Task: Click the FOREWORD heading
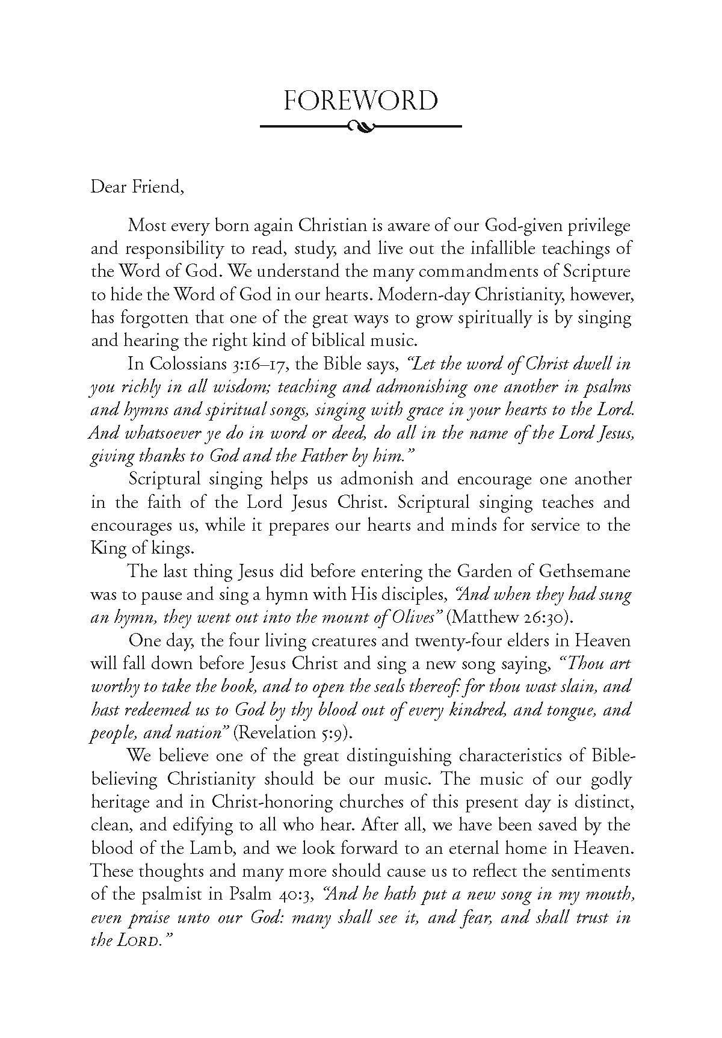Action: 360,100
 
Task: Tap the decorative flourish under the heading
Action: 360,126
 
